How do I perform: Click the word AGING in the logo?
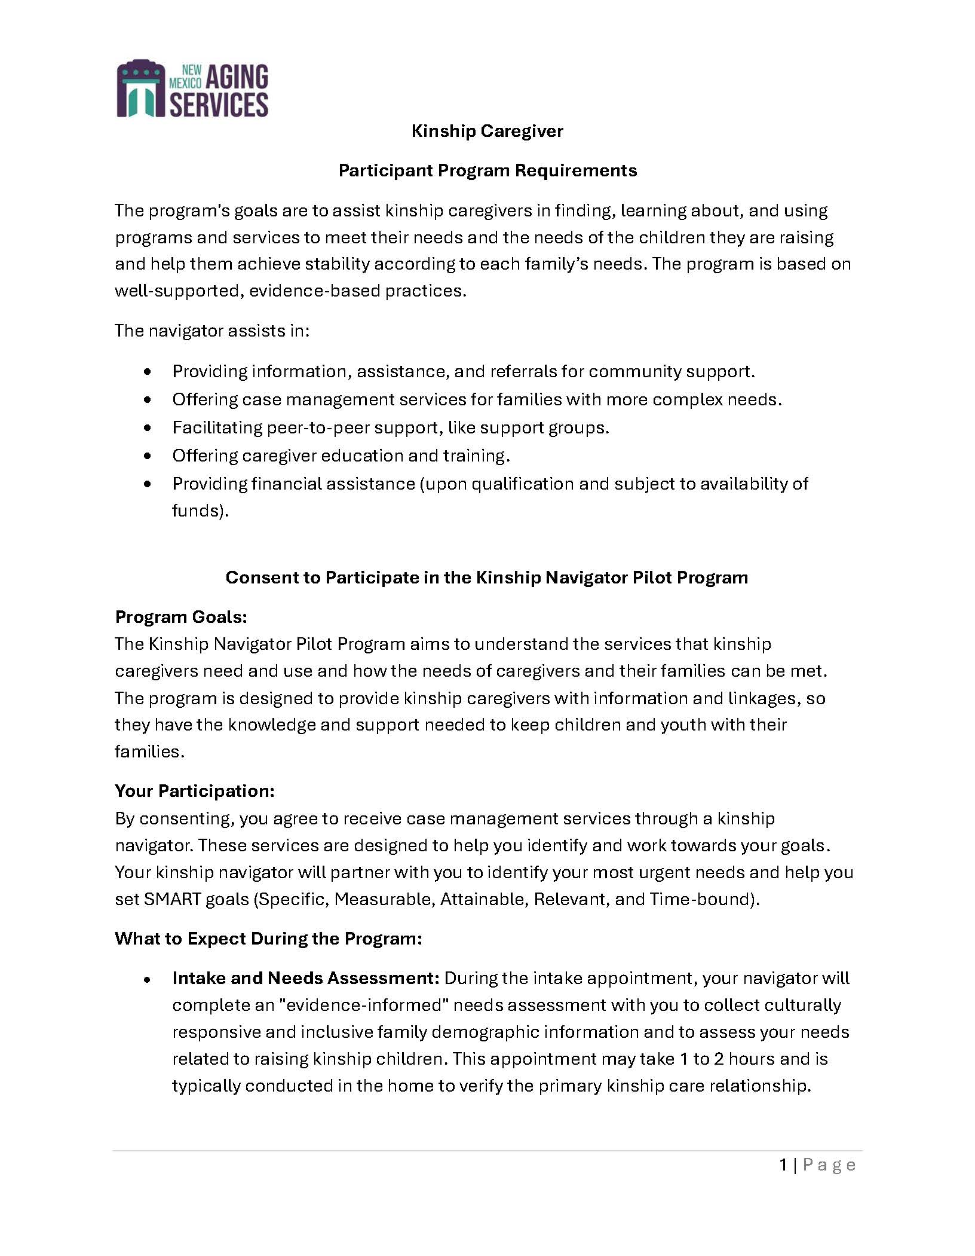click(x=237, y=77)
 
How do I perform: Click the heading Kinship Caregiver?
click(x=487, y=131)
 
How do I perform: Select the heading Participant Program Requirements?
click(x=487, y=170)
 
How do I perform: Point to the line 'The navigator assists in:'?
click(x=212, y=331)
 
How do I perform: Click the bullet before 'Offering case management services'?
click(x=148, y=399)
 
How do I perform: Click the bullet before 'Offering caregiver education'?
click(x=148, y=456)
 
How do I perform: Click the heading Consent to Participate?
click(x=486, y=577)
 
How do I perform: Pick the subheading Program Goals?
click(x=181, y=616)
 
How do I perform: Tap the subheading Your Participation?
click(x=195, y=791)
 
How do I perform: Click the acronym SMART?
click(x=172, y=899)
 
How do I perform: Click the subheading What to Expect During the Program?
click(x=268, y=939)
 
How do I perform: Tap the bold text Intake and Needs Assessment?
click(x=306, y=978)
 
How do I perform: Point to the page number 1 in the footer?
click(x=783, y=1165)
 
